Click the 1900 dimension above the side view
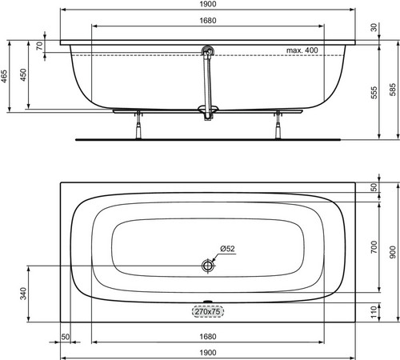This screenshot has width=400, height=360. (208, 4)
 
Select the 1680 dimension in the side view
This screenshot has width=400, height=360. (208, 21)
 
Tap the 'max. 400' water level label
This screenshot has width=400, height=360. (302, 50)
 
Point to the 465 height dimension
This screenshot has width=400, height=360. (4, 76)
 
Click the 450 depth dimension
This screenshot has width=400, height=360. (23, 74)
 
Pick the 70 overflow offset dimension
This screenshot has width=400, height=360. (39, 46)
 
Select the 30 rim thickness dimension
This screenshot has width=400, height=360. (374, 27)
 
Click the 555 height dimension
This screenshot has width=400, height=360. (374, 93)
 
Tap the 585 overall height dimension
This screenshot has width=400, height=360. (392, 90)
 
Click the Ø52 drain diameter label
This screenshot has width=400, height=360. (227, 249)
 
